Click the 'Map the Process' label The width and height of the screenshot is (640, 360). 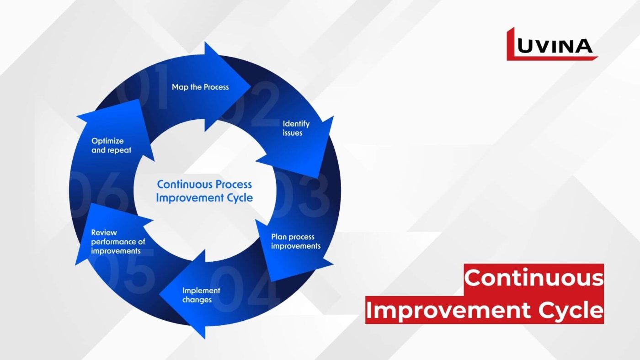click(x=200, y=87)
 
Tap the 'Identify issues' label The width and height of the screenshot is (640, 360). click(x=296, y=128)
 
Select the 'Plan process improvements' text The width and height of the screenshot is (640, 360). click(x=296, y=241)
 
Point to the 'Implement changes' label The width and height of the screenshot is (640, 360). click(x=201, y=295)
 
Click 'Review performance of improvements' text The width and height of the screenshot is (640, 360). click(x=118, y=242)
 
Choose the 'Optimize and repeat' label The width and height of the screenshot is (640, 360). click(x=111, y=145)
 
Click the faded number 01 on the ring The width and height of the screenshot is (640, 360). click(x=143, y=85)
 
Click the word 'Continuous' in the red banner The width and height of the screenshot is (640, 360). click(x=534, y=278)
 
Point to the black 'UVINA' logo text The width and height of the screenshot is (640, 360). click(x=555, y=46)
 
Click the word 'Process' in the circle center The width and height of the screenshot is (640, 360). click(x=234, y=185)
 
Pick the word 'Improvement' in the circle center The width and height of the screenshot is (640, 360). click(x=190, y=197)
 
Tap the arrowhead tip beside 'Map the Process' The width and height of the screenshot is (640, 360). click(x=251, y=86)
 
